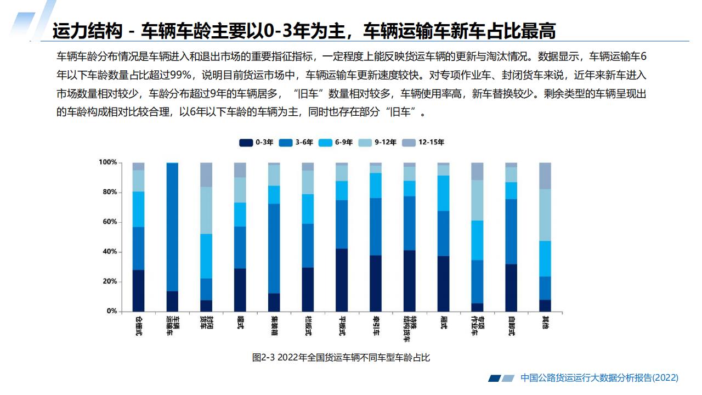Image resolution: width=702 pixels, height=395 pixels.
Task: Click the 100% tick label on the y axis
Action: [107, 162]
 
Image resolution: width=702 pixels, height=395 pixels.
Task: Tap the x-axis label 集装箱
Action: [274, 323]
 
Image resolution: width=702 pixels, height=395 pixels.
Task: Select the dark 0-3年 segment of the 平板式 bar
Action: [342, 280]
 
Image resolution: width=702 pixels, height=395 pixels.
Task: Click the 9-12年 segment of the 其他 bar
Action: [545, 215]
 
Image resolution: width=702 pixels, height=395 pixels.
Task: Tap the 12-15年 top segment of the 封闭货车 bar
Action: [206, 174]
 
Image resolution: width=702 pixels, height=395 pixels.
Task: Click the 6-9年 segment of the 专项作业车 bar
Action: [477, 240]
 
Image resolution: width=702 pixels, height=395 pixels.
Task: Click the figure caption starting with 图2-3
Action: [341, 358]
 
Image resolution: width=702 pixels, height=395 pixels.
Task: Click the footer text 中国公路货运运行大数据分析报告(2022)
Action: [599, 378]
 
